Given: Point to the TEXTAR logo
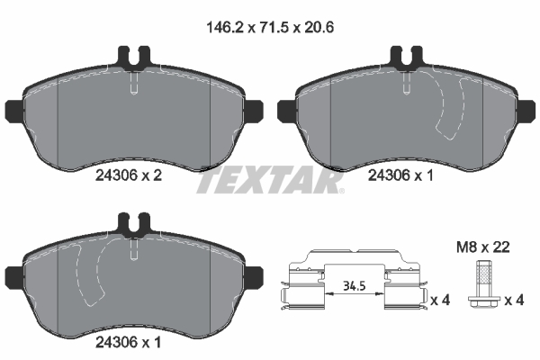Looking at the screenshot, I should (x=270, y=183).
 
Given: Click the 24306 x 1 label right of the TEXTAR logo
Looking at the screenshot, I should (x=400, y=178).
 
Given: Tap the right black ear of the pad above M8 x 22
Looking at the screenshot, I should (x=528, y=112).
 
